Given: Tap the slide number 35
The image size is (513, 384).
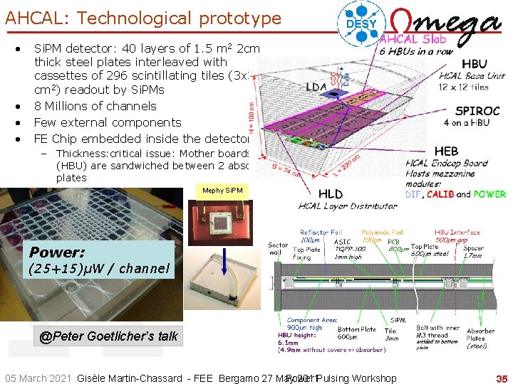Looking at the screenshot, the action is (502, 378).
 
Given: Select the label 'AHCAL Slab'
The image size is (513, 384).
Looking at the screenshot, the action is (409, 39).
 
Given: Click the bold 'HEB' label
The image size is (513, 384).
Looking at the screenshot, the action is (446, 151).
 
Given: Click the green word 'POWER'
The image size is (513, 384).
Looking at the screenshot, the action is (489, 194).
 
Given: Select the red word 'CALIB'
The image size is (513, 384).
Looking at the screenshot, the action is (441, 194).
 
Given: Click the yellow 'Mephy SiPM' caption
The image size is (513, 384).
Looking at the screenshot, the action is (222, 191).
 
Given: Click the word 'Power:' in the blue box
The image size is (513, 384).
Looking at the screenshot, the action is (57, 252).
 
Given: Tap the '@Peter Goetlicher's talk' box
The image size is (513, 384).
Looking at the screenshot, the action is (108, 336).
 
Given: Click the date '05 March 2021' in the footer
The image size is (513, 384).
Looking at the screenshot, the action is (38, 378).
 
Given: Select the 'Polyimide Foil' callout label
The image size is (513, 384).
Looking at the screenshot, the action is (382, 233).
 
